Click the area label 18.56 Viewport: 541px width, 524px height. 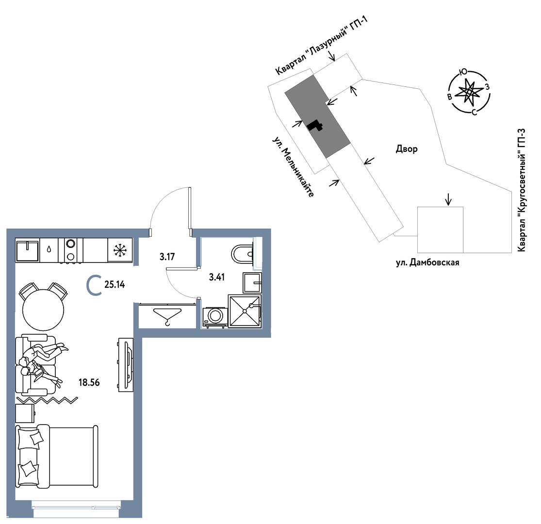pyautogui.click(x=89, y=382)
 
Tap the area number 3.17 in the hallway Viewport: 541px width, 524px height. pyautogui.click(x=167, y=257)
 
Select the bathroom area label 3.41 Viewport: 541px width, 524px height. pyautogui.click(x=217, y=277)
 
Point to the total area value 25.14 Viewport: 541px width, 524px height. pyautogui.click(x=115, y=285)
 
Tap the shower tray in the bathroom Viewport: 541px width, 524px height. pyautogui.click(x=245, y=311)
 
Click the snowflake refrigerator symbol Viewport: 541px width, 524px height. pyautogui.click(x=120, y=250)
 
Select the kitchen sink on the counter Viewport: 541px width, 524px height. pyautogui.click(x=28, y=250)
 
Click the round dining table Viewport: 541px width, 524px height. pyautogui.click(x=43, y=310)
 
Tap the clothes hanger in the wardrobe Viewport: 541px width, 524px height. pyautogui.click(x=167, y=316)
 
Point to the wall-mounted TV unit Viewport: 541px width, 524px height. pyautogui.click(x=126, y=365)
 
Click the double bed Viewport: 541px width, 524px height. pyautogui.click(x=57, y=456)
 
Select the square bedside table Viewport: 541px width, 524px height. pyautogui.click(x=25, y=413)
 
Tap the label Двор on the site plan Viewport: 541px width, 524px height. pyautogui.click(x=407, y=149)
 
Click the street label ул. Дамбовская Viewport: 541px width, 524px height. pyautogui.click(x=427, y=262)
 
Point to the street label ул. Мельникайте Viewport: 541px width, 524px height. pyautogui.click(x=294, y=167)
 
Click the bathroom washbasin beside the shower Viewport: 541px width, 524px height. pyautogui.click(x=252, y=282)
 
